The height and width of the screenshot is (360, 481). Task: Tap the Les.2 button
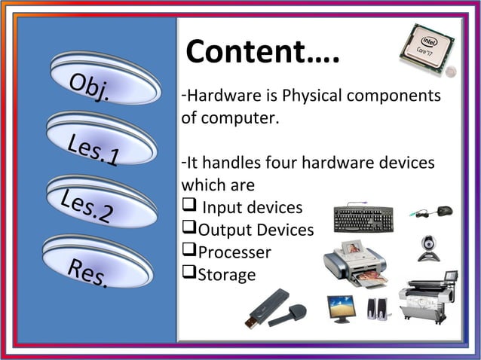click(x=98, y=201)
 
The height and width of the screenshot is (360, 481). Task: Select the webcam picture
click(x=429, y=248)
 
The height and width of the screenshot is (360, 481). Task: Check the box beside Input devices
click(x=188, y=206)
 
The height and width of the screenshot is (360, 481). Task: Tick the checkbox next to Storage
click(x=188, y=274)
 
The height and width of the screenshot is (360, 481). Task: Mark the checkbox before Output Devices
click(x=188, y=229)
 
